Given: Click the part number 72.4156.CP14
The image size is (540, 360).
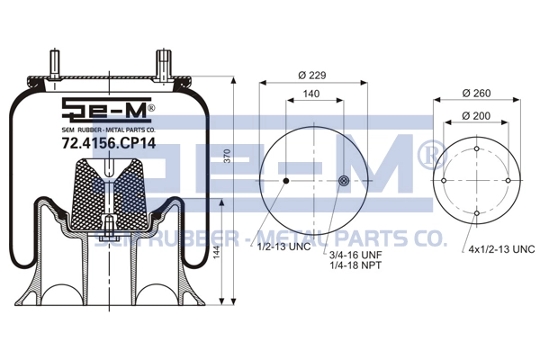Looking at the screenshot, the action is (109, 143).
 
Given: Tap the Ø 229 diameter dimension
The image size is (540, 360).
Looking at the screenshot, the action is (312, 75).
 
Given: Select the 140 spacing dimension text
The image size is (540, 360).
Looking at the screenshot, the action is (311, 94).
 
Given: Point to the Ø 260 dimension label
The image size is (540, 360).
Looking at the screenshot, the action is (477, 93).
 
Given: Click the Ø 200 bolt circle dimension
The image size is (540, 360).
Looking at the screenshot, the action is (476, 116).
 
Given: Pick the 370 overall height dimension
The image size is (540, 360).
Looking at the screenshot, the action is (228, 156).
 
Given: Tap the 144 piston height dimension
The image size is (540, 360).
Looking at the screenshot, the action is (216, 255).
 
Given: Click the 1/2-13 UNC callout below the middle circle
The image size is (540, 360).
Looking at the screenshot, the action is (284, 247).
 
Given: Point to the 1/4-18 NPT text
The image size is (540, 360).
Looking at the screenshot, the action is (355, 265).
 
